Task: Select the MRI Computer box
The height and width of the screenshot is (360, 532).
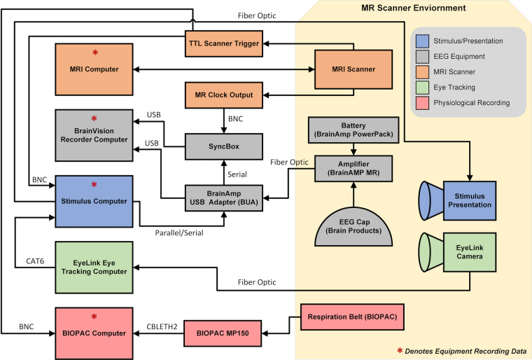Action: click(93, 70)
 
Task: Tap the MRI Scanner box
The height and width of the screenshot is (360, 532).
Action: click(353, 70)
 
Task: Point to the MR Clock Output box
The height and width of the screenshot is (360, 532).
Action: click(223, 94)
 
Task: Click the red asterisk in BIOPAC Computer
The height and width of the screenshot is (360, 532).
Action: click(93, 317)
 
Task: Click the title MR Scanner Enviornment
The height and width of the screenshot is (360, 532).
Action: click(412, 8)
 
